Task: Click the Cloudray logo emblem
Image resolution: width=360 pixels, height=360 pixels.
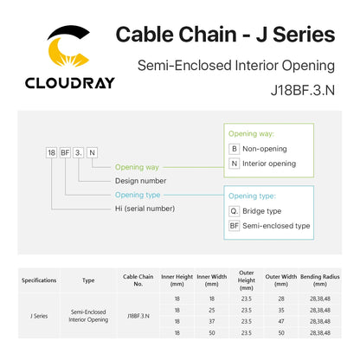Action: (x=67, y=46)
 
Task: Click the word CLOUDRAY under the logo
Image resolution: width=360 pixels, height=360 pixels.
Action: (x=70, y=83)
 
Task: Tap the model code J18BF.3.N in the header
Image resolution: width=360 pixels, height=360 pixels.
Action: (x=303, y=90)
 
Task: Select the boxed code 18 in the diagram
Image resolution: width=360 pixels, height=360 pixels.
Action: (x=51, y=152)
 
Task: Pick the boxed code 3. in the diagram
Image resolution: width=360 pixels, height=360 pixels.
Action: (x=79, y=152)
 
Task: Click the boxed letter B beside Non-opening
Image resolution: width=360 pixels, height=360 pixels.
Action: (x=235, y=149)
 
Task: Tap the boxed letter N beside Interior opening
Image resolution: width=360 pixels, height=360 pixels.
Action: (x=235, y=164)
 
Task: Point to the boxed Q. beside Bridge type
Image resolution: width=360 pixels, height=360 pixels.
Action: (x=235, y=211)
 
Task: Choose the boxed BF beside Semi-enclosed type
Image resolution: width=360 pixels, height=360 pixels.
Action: (x=235, y=226)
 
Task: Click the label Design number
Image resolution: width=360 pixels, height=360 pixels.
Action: (x=140, y=181)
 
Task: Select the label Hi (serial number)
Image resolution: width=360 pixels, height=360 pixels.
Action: (x=145, y=209)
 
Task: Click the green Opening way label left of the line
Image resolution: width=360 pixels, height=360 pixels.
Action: (x=137, y=167)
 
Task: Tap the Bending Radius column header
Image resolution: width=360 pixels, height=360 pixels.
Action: (x=320, y=280)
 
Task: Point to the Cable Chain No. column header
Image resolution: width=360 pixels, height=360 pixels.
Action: (x=138, y=280)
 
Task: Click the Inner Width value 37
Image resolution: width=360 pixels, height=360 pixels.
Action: (x=212, y=321)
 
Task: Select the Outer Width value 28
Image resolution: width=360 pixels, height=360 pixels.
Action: (x=281, y=299)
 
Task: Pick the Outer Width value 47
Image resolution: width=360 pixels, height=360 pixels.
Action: (x=281, y=321)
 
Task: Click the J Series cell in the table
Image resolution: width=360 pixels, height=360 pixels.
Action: (x=39, y=316)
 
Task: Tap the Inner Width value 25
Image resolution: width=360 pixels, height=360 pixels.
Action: (x=212, y=310)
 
